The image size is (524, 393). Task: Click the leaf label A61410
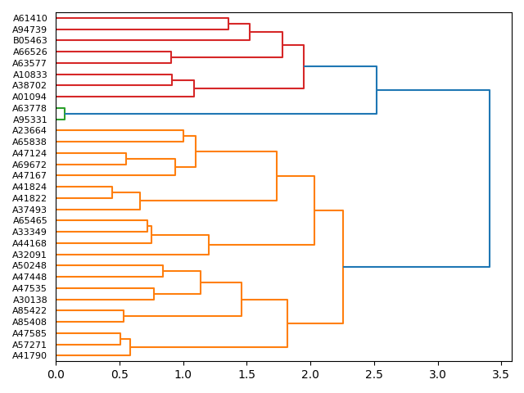[30, 18]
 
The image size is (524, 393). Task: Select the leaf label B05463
[30, 40]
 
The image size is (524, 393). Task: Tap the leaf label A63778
[30, 108]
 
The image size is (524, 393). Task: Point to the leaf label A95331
[30, 120]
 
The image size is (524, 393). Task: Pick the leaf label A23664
[30, 130]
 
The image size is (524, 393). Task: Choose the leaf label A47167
[30, 175]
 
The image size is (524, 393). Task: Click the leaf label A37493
[30, 210]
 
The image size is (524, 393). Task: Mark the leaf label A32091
[30, 255]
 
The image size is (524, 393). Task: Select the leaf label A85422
[30, 311]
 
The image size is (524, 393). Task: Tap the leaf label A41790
[30, 355]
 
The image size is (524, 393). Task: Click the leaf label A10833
[30, 75]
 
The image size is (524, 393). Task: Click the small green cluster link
[65, 114]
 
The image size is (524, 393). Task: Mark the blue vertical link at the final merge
[490, 178]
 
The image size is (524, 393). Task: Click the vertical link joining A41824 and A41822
[112, 192]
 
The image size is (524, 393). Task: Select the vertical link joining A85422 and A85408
[124, 316]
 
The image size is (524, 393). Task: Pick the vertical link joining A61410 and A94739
[228, 24]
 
